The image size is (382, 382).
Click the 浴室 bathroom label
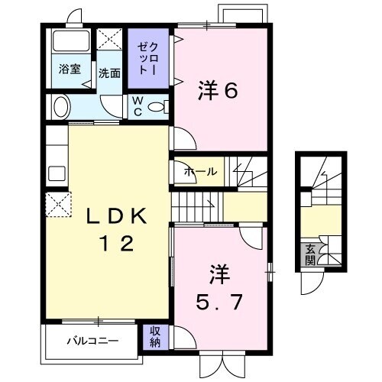tap(70, 69)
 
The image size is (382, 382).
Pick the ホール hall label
tap(200, 172)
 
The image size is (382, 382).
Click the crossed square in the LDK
tap(58, 206)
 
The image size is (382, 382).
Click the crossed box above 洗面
tap(108, 39)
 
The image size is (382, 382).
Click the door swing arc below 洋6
tap(181, 138)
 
